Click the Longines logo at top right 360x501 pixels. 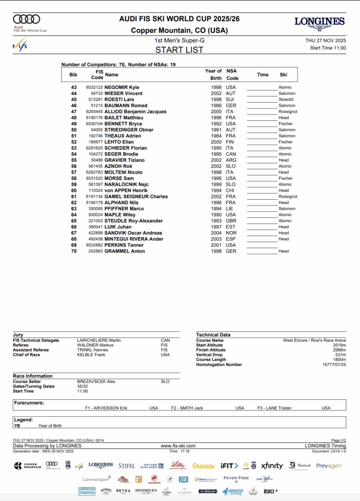pyautogui.click(x=319, y=23)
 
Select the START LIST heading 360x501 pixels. pyautogui.click(x=180, y=50)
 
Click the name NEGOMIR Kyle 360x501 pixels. pyautogui.click(x=122, y=87)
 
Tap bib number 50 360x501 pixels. pyautogui.click(x=74, y=130)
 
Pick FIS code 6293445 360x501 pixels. pyautogui.click(x=94, y=112)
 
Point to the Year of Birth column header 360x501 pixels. pyautogui.click(x=213, y=74)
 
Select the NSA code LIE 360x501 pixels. pyautogui.click(x=229, y=208)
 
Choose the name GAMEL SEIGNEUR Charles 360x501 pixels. pyautogui.click(x=136, y=196)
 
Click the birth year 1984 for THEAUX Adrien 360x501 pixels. pyautogui.click(x=216, y=136)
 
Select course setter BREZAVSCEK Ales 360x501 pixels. pyautogui.click(x=96, y=381)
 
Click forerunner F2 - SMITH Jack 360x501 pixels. pyautogui.click(x=187, y=408)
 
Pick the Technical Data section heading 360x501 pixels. pyautogui.click(x=214, y=335)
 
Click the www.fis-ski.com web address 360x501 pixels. pyautogui.click(x=178, y=446)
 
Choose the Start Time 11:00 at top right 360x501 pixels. pyautogui.click(x=328, y=48)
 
